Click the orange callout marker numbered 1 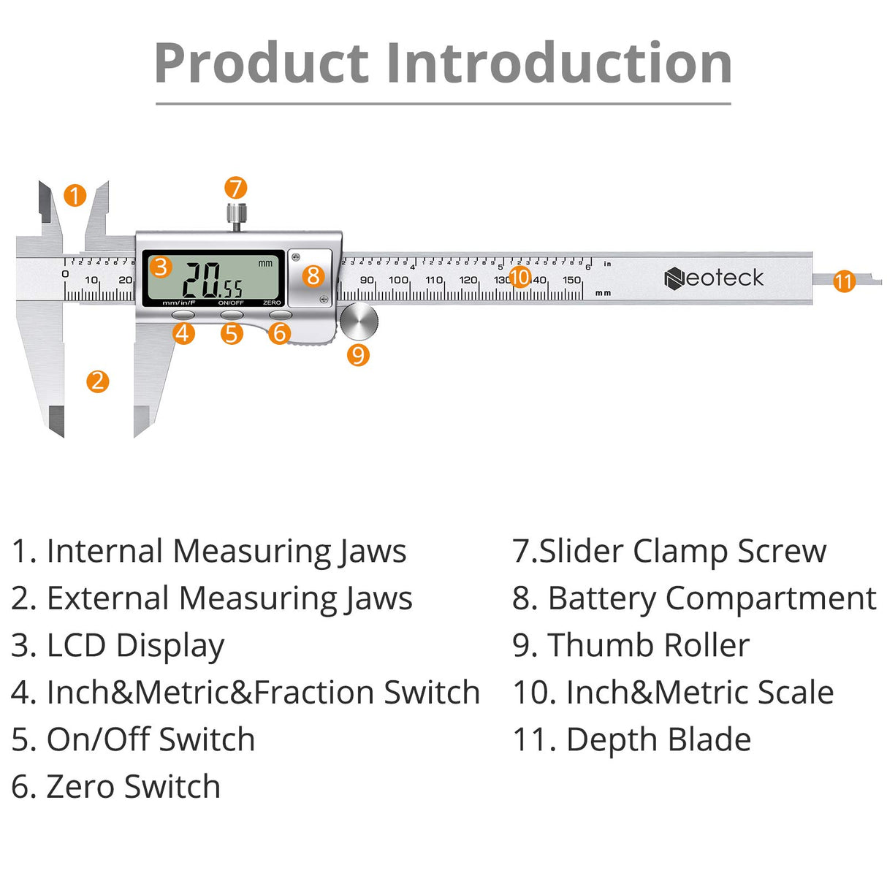click(75, 196)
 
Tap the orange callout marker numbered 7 click(235, 188)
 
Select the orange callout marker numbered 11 click(844, 281)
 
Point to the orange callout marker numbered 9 click(358, 355)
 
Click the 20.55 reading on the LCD click(212, 281)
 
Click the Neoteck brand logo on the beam click(714, 278)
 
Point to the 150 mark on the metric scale click(571, 280)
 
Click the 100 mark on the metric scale click(398, 280)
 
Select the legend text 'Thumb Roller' click(648, 645)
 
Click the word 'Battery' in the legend click(602, 598)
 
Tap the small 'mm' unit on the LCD click(265, 263)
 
